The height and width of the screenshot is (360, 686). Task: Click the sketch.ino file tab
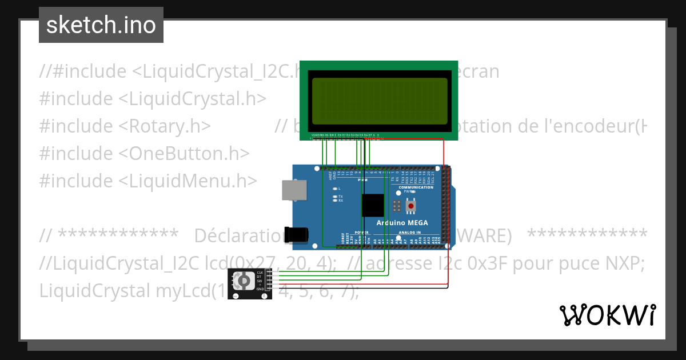[101, 25]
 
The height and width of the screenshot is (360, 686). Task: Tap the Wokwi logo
[607, 315]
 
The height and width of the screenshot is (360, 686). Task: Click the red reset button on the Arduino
[410, 206]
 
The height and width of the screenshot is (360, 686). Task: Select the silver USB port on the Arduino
[294, 191]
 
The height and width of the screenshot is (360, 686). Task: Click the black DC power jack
[297, 234]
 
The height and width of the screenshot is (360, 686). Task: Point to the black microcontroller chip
[373, 205]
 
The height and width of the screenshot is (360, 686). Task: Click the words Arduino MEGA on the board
[402, 222]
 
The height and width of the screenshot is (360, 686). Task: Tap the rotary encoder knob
[244, 281]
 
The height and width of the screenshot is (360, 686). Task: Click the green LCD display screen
[378, 96]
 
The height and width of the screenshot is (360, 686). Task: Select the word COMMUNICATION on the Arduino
[416, 187]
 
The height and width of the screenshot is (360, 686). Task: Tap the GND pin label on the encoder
[261, 289]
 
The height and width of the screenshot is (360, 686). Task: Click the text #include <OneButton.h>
[145, 153]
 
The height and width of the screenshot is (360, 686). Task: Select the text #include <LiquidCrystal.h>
[153, 98]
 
